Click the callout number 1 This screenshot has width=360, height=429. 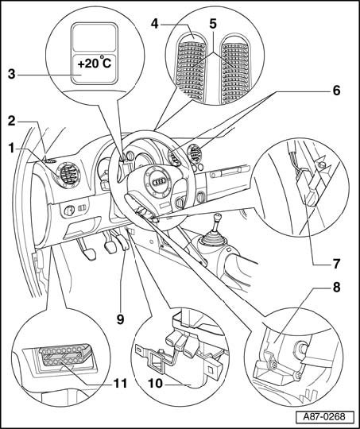point(11,149)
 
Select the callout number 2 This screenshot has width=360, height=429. point(11,122)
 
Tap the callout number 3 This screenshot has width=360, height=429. point(11,74)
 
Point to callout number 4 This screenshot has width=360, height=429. point(155,24)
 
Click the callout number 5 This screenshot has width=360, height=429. point(213,24)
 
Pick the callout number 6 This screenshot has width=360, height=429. point(336,91)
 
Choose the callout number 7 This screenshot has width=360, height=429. point(336,264)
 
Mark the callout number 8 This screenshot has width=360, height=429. point(336,288)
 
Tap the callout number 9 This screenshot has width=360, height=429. point(121,319)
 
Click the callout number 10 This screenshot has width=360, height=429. point(156,383)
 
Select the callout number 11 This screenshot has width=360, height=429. point(121,383)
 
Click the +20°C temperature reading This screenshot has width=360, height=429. point(95,64)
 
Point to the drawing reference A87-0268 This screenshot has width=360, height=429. point(324,417)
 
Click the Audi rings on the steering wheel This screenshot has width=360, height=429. point(158,182)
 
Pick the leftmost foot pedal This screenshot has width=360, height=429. point(87,249)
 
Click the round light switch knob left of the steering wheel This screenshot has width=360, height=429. point(69,211)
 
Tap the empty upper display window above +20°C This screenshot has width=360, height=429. point(95,37)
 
